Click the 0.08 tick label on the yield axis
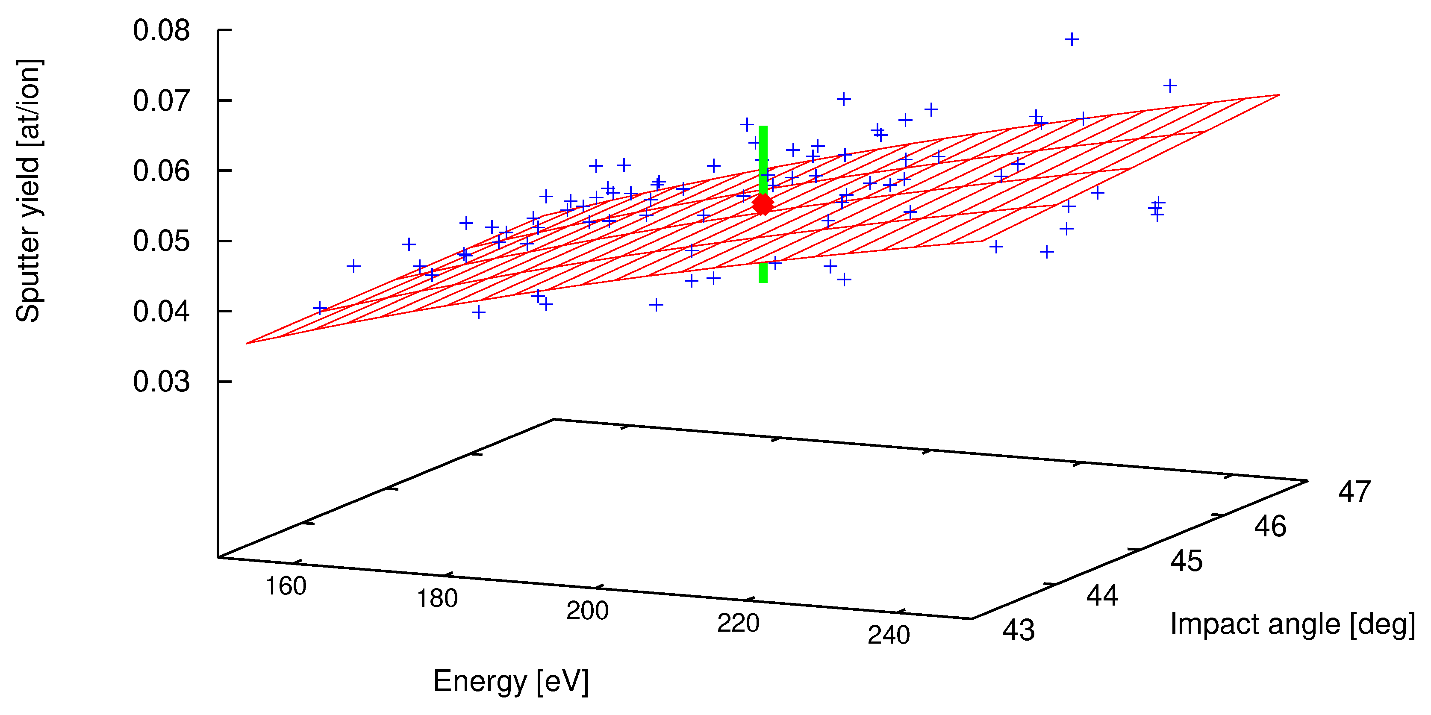pyautogui.click(x=161, y=30)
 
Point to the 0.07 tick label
pyautogui.click(x=161, y=101)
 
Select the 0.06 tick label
pyautogui.click(x=161, y=171)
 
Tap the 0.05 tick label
pyautogui.click(x=161, y=241)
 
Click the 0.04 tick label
pyautogui.click(x=161, y=312)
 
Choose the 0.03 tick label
pyautogui.click(x=161, y=382)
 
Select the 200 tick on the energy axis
pyautogui.click(x=587, y=611)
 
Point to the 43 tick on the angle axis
pyautogui.click(x=1018, y=630)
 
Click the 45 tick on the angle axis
pyautogui.click(x=1186, y=561)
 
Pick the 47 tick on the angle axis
pyautogui.click(x=1354, y=491)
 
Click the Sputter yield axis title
pyautogui.click(x=28, y=191)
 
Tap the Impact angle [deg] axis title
pyautogui.click(x=1292, y=624)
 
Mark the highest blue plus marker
pyautogui.click(x=1071, y=39)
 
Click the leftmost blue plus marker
pyautogui.click(x=319, y=308)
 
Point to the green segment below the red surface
pyautogui.click(x=763, y=273)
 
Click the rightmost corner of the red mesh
pyautogui.click(x=1279, y=95)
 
